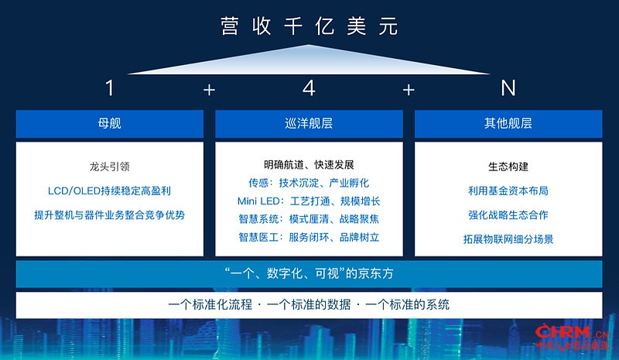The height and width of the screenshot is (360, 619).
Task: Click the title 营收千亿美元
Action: pos(309,26)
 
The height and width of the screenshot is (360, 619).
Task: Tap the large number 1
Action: pos(110,87)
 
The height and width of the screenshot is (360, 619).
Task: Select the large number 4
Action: pos(309,87)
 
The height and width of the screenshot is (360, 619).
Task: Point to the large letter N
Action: pos(508,87)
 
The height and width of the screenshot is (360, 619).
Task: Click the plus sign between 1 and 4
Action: pos(209,90)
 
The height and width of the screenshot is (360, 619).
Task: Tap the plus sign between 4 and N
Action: pos(409,90)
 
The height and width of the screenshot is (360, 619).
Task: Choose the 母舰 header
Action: pos(109,123)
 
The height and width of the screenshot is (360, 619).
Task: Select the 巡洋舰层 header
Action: pos(309,123)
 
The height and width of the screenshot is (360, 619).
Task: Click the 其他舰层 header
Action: pos(508,123)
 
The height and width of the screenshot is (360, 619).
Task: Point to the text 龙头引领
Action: pos(109,166)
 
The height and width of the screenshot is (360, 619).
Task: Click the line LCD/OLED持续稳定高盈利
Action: pos(109,191)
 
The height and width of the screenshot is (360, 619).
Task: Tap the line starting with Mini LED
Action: pos(309,201)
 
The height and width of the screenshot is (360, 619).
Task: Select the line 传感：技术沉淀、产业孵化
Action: pos(309,183)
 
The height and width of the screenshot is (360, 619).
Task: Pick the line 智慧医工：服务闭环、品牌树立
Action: pos(309,237)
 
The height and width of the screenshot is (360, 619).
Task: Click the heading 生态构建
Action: pos(508,166)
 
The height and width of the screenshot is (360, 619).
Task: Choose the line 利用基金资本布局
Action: pos(508,191)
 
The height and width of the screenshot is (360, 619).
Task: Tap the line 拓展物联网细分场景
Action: pos(508,239)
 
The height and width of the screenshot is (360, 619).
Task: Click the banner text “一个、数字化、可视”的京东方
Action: pos(309,273)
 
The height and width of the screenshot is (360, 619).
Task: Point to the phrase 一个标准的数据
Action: pos(309,305)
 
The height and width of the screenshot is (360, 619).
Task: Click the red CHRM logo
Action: pos(572,337)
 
